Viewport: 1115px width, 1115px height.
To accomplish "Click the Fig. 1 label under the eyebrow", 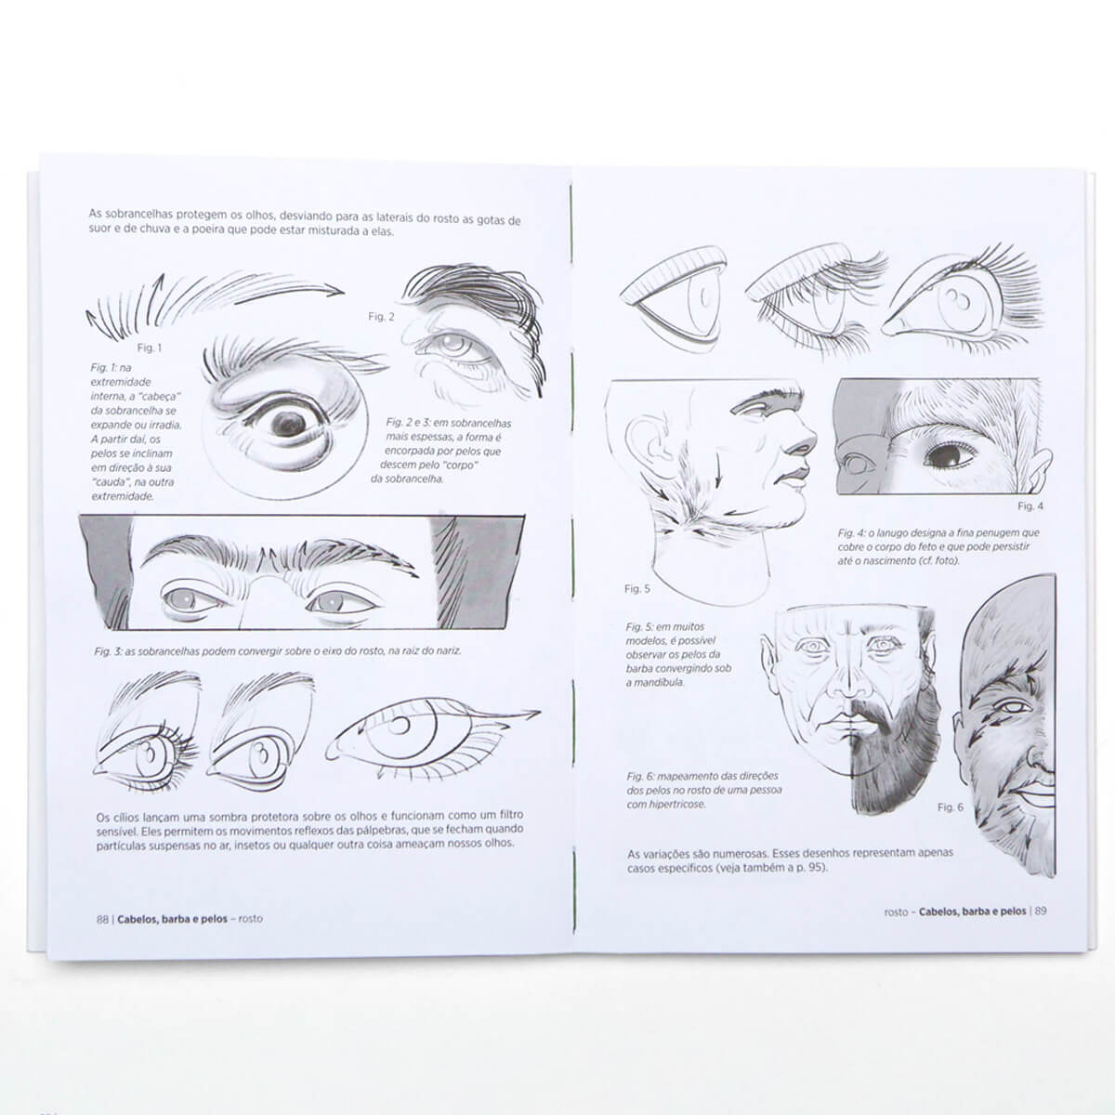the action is (150, 348).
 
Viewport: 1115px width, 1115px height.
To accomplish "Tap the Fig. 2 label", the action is (381, 317).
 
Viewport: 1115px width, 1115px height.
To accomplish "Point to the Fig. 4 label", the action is (1030, 506).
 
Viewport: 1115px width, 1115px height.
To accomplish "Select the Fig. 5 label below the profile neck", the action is (637, 589).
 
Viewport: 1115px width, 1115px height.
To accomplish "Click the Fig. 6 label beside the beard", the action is (951, 807).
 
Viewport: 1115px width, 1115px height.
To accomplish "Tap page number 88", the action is (102, 919).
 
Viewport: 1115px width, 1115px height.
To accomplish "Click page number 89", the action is (1041, 911).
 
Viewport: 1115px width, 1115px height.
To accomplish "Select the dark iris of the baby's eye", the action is (948, 454).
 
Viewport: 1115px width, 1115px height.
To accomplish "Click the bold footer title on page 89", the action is (972, 912).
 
